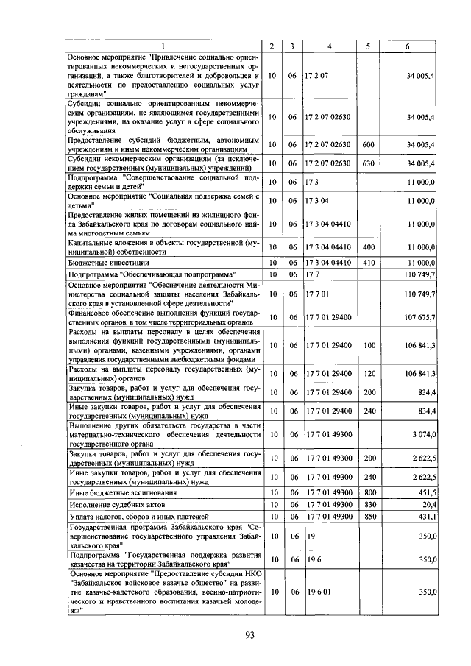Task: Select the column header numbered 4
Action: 329,46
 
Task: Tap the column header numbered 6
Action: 408,46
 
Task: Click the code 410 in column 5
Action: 369,261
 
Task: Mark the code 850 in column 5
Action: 369,517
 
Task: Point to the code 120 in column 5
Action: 369,373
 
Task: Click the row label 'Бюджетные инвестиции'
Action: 109,262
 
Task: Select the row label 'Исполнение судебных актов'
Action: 115,505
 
